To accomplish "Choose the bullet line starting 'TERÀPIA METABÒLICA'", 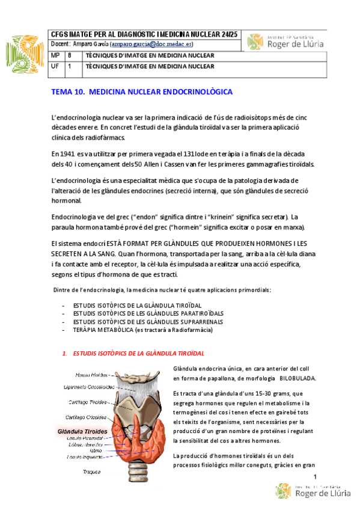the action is [x=142, y=330].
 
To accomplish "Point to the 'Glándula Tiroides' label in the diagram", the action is [x=82, y=431].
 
